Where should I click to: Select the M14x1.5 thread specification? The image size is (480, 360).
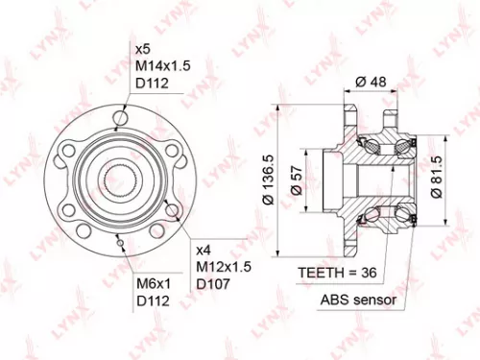[164, 65]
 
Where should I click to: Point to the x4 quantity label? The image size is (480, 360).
[204, 247]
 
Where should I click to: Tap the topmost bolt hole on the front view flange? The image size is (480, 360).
[120, 118]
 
